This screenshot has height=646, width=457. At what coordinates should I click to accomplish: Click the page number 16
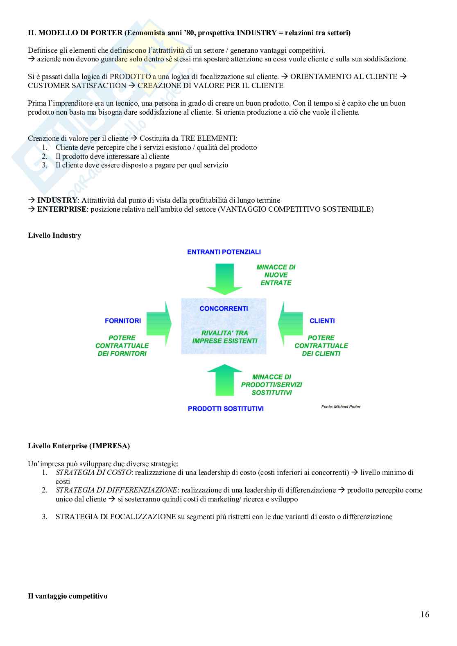coord(424,614)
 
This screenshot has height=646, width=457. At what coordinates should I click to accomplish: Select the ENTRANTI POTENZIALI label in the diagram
coord(224,252)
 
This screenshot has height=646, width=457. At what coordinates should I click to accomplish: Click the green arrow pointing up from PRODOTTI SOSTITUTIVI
coord(224,379)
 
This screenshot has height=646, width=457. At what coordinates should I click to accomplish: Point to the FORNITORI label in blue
coord(122,321)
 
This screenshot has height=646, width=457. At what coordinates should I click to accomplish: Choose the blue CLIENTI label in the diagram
coord(322,321)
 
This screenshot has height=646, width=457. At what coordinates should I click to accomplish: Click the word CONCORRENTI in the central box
coord(224,308)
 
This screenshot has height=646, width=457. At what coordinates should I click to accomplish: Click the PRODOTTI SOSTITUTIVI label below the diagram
coord(225,409)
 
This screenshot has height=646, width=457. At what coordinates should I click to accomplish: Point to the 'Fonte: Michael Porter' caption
coord(341,407)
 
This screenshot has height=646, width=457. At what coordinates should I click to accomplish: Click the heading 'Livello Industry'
coord(54,235)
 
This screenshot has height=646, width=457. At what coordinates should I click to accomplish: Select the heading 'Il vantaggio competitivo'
coord(68,596)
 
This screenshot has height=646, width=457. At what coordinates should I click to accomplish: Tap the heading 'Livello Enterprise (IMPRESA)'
coord(79,446)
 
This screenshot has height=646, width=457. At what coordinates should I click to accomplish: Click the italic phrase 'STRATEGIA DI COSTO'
coord(93,472)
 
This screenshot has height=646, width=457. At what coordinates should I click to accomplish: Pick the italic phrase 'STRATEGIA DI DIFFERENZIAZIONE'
coord(116,490)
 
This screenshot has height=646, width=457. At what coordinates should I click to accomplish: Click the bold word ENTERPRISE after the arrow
coord(62,209)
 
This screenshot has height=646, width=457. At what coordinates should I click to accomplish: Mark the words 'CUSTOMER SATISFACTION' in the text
coord(77,86)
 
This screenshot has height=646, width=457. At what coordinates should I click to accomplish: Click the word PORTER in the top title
coord(108,33)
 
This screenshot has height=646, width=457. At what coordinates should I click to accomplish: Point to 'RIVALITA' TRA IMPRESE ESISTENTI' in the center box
coord(224,337)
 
